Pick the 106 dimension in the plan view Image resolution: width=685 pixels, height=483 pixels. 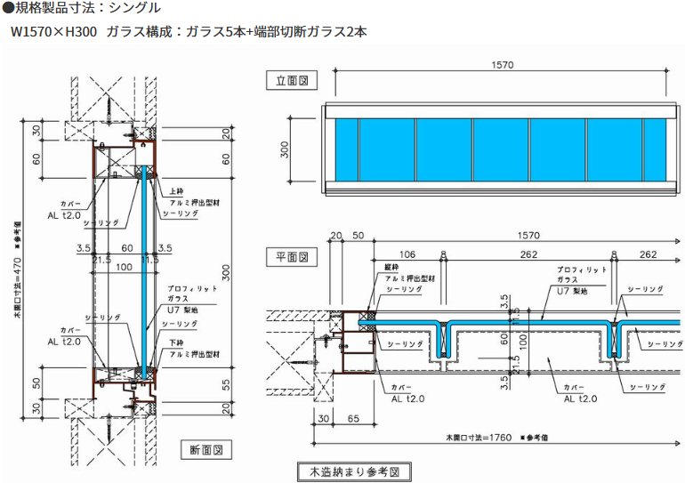pyautogui.click(x=408, y=254)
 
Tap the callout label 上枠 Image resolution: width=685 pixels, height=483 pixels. pyautogui.click(x=173, y=189)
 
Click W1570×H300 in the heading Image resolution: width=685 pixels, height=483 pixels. pyautogui.click(x=52, y=31)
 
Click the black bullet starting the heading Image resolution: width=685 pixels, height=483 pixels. pyautogui.click(x=7, y=8)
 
